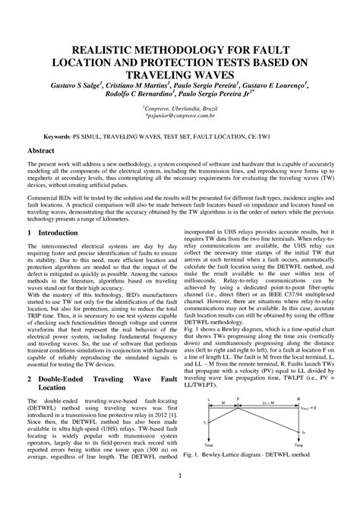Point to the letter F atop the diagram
tap(238, 397)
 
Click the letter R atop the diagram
tap(298, 397)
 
